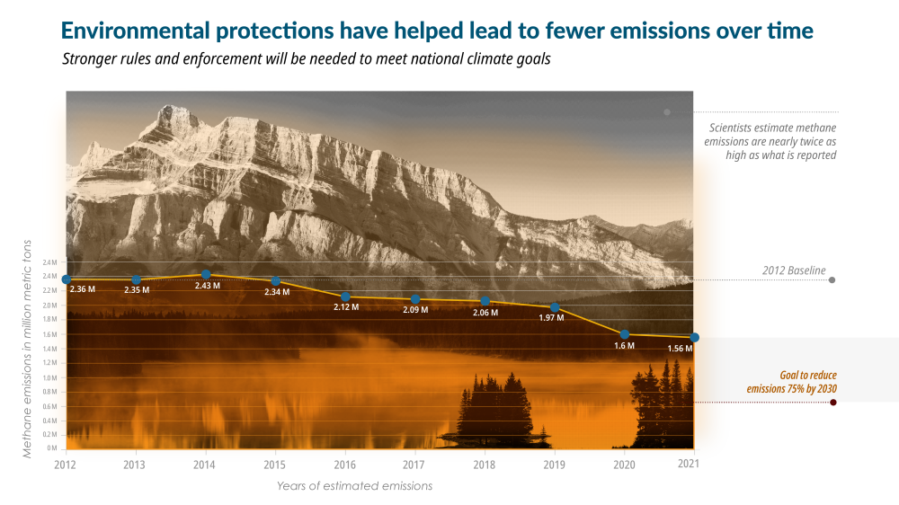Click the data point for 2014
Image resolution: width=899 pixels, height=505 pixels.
coord(205,274)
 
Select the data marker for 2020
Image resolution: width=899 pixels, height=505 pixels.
coord(625,334)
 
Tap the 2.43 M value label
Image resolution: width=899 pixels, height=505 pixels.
coord(208,286)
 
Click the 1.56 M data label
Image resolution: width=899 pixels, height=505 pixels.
coord(680,348)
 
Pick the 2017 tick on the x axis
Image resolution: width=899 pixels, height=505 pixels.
coord(414,464)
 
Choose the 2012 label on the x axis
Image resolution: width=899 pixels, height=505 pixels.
coord(66,464)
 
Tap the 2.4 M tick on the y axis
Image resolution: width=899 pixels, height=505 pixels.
coord(49,262)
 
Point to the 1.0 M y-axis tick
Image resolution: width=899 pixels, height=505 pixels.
coord(49,377)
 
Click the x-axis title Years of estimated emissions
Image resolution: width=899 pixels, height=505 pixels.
coord(354,486)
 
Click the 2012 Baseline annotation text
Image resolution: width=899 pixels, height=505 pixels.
coord(794,270)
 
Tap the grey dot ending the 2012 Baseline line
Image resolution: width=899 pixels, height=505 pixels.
coord(832,280)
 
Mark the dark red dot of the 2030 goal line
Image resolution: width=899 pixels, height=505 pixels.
coord(833,402)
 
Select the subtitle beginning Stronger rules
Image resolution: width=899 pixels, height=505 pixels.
coord(306,59)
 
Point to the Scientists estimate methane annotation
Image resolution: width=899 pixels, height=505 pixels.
coord(771,142)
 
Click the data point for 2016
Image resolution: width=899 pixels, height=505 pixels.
coord(345,297)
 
